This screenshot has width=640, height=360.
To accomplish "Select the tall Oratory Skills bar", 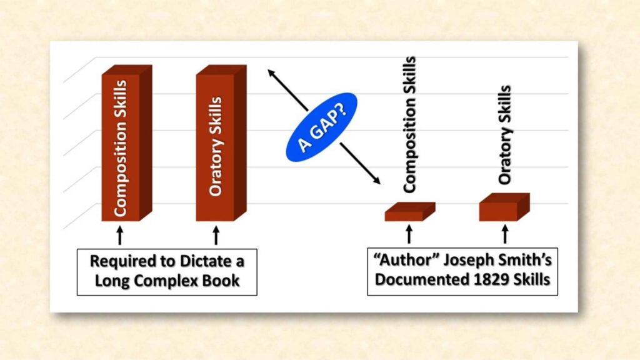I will [x=216, y=147].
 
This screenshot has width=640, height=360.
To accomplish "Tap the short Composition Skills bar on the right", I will [x=406, y=213].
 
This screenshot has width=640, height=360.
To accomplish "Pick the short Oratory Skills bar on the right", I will [x=501, y=209].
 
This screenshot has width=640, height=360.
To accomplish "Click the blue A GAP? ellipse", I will [x=321, y=127].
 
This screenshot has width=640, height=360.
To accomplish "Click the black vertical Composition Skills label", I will [x=409, y=125].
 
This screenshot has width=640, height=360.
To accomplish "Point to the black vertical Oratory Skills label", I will [x=505, y=135].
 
